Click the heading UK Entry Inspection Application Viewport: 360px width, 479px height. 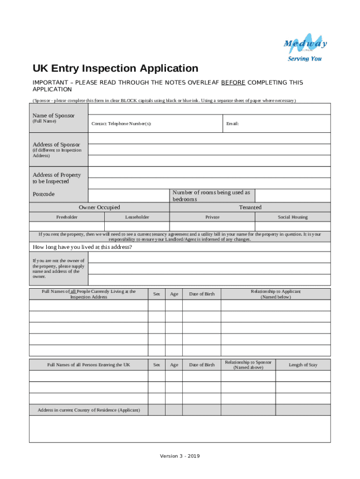point(115,68)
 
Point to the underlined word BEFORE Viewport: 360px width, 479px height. point(233,83)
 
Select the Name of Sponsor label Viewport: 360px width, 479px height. point(53,116)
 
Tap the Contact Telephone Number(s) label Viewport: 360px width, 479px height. point(121,124)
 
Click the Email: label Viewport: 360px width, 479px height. point(232,124)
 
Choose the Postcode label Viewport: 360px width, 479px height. point(43,194)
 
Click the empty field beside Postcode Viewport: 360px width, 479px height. point(129,195)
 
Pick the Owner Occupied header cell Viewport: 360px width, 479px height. point(99,207)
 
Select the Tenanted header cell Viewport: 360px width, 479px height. point(250,207)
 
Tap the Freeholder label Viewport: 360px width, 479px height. point(67,217)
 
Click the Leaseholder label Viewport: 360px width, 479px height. point(137,217)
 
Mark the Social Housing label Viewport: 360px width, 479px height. point(293,217)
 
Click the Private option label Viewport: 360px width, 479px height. point(212,217)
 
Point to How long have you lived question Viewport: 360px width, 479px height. point(82,247)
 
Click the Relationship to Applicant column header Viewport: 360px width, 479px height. point(275,294)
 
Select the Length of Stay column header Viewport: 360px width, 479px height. point(303,365)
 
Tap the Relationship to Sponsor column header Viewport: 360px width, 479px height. point(248,365)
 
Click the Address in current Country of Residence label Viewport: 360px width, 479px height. point(89,410)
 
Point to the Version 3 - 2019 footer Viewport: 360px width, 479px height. point(180,456)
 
